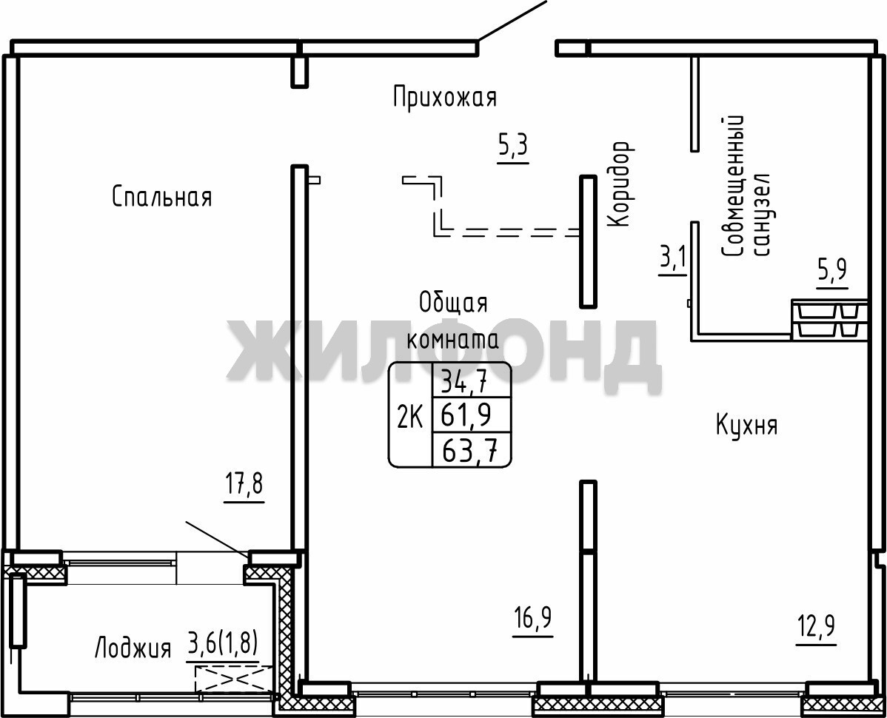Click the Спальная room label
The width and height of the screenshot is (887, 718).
(x=162, y=197)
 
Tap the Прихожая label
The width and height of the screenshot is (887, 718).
(x=445, y=97)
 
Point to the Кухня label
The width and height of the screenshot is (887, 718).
(x=747, y=425)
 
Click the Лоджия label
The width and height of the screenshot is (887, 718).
(x=133, y=648)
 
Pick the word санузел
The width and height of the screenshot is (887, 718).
(x=761, y=214)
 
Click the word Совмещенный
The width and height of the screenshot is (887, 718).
(x=732, y=187)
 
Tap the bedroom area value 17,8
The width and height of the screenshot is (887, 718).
(x=244, y=486)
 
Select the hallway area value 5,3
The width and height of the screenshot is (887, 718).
(x=512, y=147)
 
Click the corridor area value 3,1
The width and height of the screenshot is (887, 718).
(x=673, y=260)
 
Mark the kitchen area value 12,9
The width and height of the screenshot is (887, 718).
(x=817, y=627)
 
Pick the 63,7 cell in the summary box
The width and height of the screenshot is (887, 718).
(x=470, y=451)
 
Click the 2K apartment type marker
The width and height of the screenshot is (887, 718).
(x=409, y=419)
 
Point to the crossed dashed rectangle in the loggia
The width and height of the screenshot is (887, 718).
(x=234, y=678)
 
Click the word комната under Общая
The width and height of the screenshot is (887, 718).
(x=453, y=339)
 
